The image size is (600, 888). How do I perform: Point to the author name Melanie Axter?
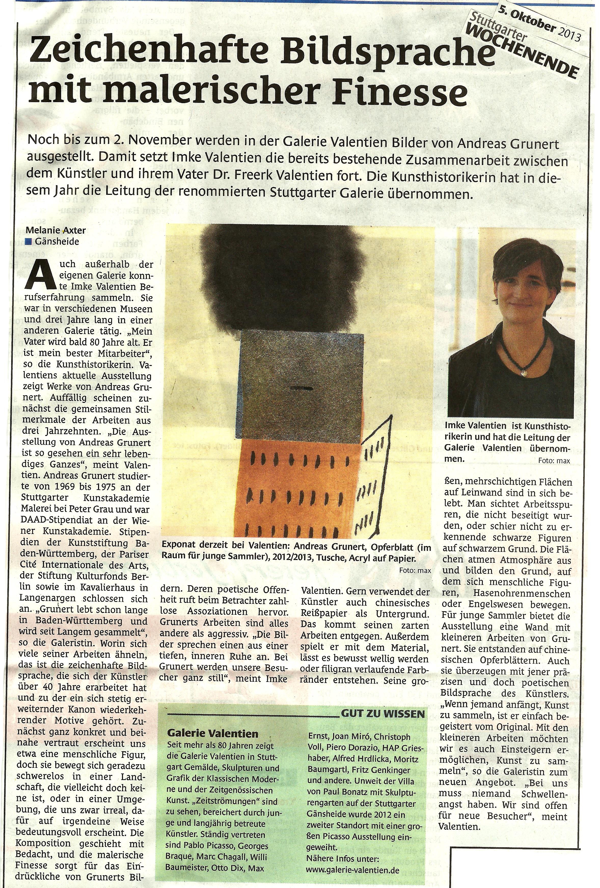(56, 230)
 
